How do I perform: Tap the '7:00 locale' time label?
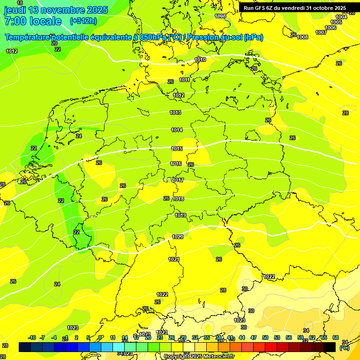point(33,21)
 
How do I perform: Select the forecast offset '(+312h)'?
point(83,21)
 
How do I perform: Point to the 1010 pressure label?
point(200,60)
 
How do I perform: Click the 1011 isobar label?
point(184,80)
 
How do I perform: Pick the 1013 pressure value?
point(175,112)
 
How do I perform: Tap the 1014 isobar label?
point(177,130)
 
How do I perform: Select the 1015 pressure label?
point(177,149)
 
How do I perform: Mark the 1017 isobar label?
point(178,180)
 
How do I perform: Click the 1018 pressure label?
point(178,199)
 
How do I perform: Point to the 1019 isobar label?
point(180,215)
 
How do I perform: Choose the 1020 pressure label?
point(178,237)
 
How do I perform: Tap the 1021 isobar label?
point(174,259)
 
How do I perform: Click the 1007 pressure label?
point(321,32)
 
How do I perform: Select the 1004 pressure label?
point(341,17)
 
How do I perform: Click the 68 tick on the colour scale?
point(336,337)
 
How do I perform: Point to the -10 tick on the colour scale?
point(32,337)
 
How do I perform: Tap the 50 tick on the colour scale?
point(265,337)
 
